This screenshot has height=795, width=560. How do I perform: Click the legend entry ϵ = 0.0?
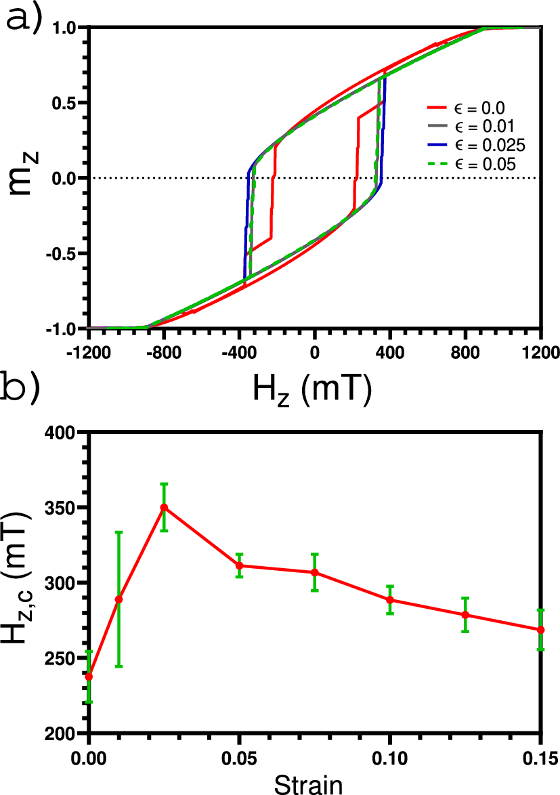pyautogui.click(x=467, y=107)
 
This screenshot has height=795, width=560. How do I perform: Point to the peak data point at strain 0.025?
pyautogui.click(x=164, y=507)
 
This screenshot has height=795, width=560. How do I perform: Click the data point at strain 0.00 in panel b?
pyautogui.click(x=89, y=676)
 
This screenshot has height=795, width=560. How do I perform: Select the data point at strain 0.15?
pyautogui.click(x=540, y=630)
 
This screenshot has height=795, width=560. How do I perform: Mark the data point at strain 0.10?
pyautogui.click(x=390, y=599)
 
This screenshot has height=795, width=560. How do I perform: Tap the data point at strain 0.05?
pyautogui.click(x=239, y=565)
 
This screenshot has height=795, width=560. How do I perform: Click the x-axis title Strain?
pyautogui.click(x=314, y=783)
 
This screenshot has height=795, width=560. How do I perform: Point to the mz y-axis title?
pyautogui.click(x=26, y=178)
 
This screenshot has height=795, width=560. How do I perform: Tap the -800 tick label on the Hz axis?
pyautogui.click(x=163, y=353)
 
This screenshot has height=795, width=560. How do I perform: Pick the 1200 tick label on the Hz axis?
pyautogui.click(x=540, y=353)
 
